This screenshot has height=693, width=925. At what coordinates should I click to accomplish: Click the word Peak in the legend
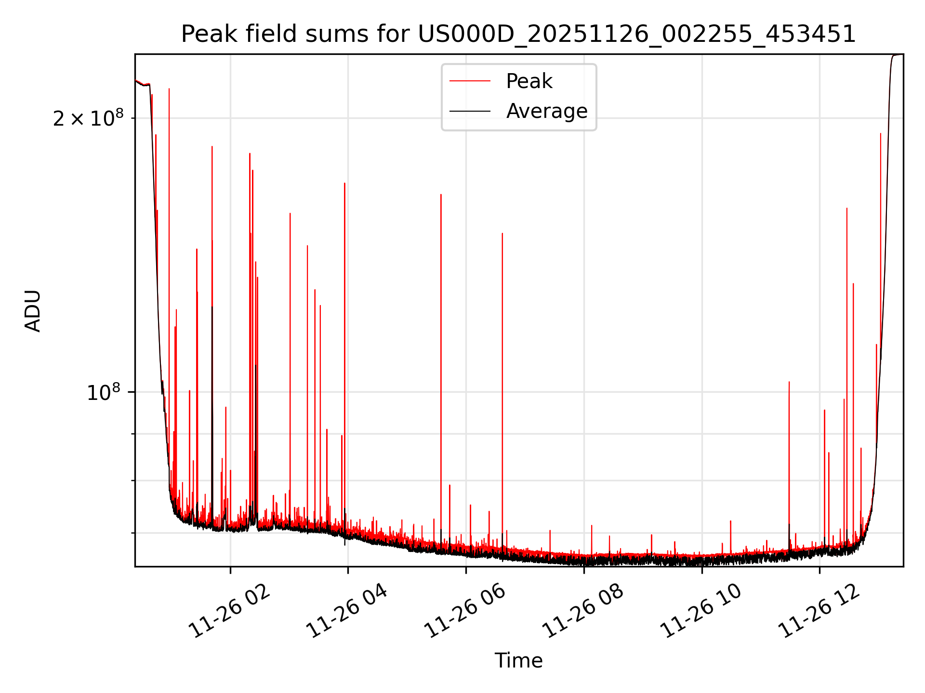(529, 81)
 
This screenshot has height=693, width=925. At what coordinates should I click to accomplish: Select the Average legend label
(547, 111)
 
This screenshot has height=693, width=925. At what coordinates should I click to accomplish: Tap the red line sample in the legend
(470, 81)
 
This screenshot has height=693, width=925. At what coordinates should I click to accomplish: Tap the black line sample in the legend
(470, 111)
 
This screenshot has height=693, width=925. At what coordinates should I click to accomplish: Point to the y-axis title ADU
(33, 310)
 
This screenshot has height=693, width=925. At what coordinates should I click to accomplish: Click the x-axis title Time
(518, 661)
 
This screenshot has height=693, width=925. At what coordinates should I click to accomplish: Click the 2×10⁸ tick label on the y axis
(88, 118)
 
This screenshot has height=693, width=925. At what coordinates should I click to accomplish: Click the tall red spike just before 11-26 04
(344, 184)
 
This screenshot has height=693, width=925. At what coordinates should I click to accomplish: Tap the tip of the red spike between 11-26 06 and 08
(502, 234)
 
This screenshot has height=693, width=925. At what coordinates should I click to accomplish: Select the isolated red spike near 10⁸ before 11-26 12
(789, 383)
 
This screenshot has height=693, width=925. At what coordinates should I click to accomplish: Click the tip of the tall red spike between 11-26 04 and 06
(441, 195)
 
